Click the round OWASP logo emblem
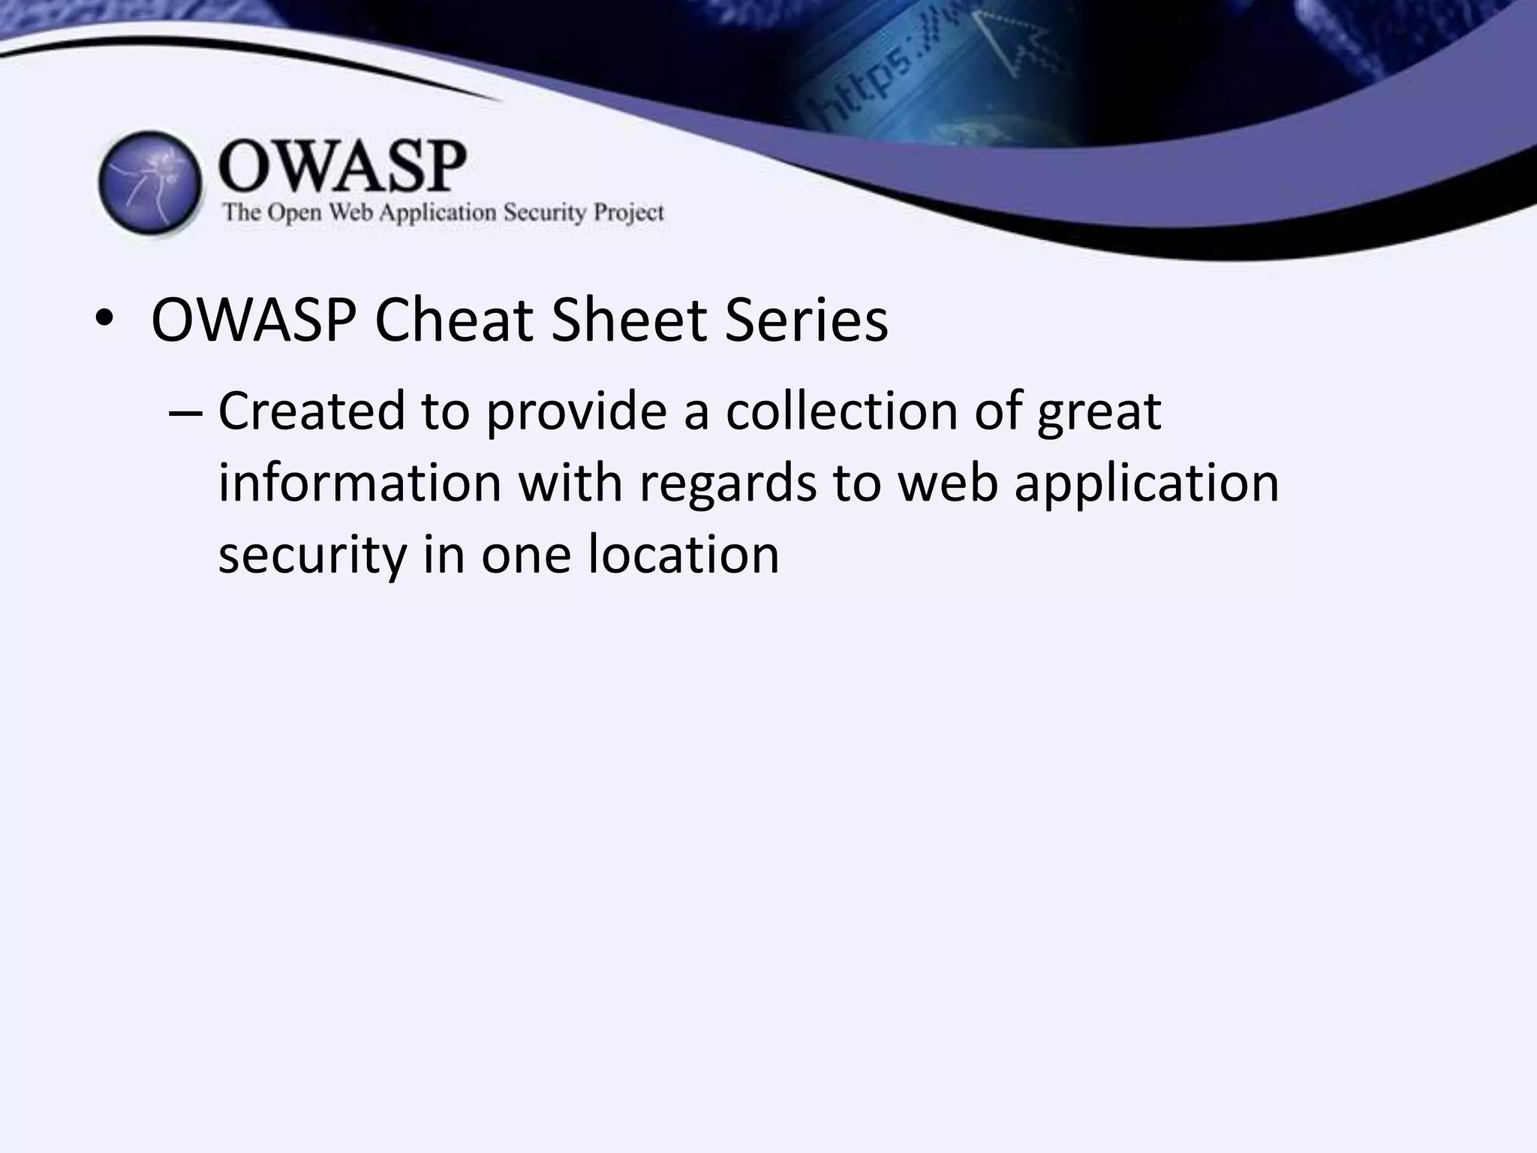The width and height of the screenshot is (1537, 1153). (150, 183)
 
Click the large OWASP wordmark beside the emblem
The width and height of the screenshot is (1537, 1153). (342, 167)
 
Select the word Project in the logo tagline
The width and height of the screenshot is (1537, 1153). (629, 213)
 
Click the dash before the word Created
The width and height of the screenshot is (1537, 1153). (186, 413)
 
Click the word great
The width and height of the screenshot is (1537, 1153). (1099, 414)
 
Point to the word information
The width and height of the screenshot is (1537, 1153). (359, 483)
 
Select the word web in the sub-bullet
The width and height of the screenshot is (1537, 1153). (949, 483)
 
